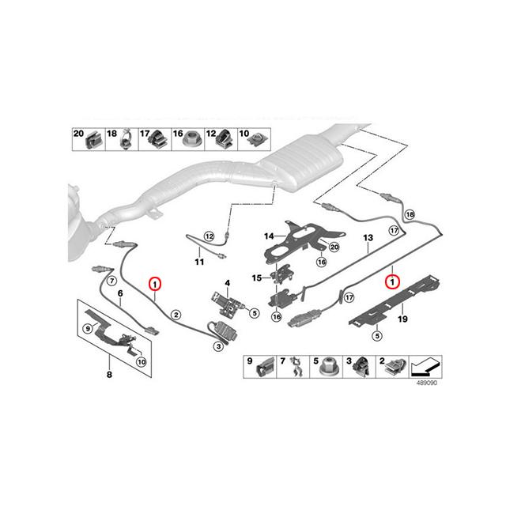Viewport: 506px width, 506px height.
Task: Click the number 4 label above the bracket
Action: (226, 282)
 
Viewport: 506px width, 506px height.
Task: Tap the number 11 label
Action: (198, 262)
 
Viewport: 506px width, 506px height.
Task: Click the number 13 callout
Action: (367, 237)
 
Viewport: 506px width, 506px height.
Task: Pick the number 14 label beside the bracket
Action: (268, 236)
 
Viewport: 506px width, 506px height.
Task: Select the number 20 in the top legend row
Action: (77, 134)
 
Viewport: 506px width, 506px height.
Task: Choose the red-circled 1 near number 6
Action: (155, 282)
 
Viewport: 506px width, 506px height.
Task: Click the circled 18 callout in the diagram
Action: (410, 214)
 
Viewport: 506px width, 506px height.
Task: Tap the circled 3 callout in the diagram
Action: (217, 345)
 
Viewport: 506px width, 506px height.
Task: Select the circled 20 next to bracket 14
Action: (334, 247)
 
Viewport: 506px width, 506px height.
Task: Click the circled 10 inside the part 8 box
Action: (141, 362)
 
